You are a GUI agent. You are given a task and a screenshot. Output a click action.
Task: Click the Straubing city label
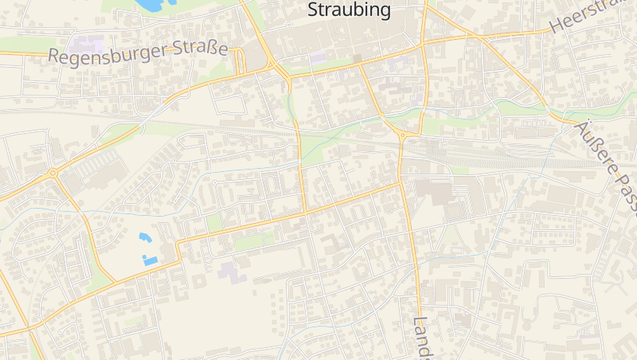(x=350, y=10)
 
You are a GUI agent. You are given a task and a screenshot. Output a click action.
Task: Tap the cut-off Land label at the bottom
(x=422, y=338)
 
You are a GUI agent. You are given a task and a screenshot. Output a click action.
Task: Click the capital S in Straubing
(x=313, y=10)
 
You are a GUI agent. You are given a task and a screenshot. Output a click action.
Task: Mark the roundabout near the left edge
(x=53, y=173)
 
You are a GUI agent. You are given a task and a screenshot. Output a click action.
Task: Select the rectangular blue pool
(x=150, y=260)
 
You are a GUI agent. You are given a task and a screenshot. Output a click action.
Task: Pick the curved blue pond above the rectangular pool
(x=144, y=237)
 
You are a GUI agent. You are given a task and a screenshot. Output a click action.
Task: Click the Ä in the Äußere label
(x=582, y=128)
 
